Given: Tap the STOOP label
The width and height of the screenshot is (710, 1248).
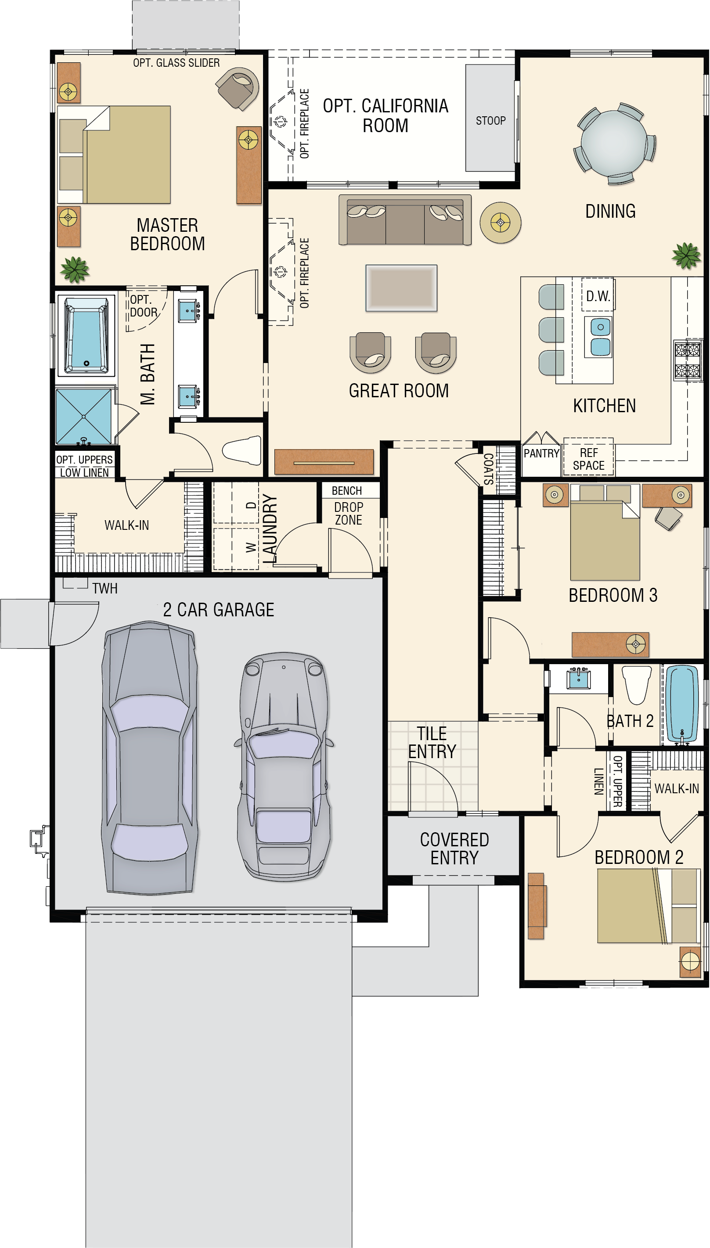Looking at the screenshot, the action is (490, 120).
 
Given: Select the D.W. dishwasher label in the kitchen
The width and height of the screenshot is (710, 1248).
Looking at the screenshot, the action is (598, 296).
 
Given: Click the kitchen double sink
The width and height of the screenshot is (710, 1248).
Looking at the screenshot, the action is (600, 336).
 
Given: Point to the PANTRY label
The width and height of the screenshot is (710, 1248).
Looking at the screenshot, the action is (541, 453).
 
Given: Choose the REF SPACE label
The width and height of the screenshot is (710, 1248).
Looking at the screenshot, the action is (588, 459).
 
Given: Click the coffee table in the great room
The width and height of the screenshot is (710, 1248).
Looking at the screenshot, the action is (401, 288).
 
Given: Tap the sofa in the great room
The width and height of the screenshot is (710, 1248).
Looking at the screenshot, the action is (405, 220).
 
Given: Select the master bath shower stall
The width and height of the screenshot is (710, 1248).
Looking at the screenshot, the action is (84, 416).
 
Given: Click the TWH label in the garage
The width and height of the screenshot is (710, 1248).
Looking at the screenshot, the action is (105, 588).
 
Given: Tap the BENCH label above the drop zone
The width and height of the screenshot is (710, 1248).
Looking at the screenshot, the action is (347, 490).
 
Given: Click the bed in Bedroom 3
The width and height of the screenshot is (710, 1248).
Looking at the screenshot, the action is (605, 532).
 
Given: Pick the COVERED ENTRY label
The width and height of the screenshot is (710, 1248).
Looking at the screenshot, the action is (454, 848).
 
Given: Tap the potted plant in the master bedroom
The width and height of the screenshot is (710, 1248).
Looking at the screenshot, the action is (75, 270).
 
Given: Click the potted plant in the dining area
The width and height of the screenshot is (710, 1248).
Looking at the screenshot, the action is (687, 255).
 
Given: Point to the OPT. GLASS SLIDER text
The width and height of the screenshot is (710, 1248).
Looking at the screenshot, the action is (176, 63).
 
